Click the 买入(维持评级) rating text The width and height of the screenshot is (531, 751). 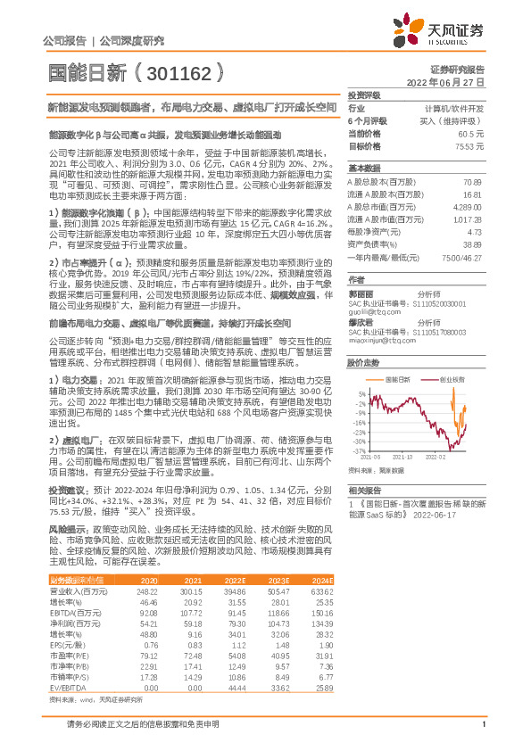pyautogui.click(x=459, y=120)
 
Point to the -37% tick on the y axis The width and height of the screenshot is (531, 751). pyautogui.click(x=359, y=452)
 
